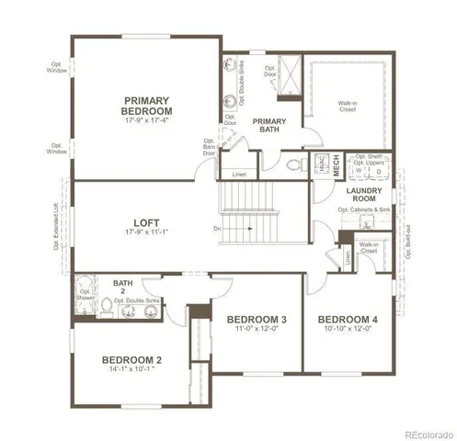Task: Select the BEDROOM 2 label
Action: pyautogui.click(x=131, y=359)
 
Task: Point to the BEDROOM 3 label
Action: pyautogui.click(x=257, y=320)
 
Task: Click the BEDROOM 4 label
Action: pyautogui.click(x=349, y=320)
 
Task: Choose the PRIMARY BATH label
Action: pyautogui.click(x=269, y=126)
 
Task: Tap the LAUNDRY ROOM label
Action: pyautogui.click(x=364, y=195)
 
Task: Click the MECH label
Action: pyautogui.click(x=337, y=165)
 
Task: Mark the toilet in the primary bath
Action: pyautogui.click(x=294, y=165)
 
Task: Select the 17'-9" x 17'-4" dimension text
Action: pyautogui.click(x=148, y=120)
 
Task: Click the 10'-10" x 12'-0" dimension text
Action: pyautogui.click(x=349, y=330)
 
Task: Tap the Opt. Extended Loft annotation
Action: pyautogui.click(x=56, y=227)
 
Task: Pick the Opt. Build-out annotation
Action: pyautogui.click(x=406, y=241)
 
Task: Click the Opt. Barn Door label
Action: pyautogui.click(x=209, y=147)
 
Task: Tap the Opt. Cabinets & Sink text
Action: pyautogui.click(x=363, y=210)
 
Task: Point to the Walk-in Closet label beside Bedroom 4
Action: pyautogui.click(x=370, y=247)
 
